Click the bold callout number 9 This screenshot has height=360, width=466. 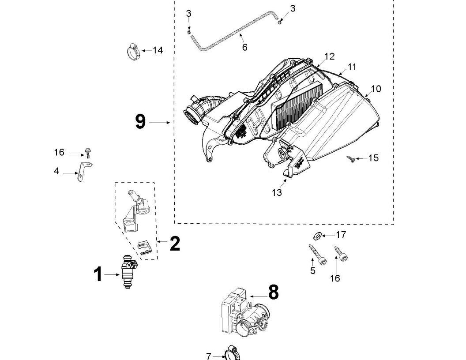pos(140,122)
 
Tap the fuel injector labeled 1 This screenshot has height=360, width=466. pos(128,271)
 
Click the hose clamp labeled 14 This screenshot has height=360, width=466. pos(133,52)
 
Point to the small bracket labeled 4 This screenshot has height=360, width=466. pos(84,172)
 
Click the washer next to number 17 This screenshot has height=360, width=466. pos(317,236)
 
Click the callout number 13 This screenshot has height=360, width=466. pos(277,192)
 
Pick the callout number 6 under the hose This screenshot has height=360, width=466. pos(244,47)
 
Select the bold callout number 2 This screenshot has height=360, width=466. pos(175,244)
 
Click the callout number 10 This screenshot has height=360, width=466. pos(376,89)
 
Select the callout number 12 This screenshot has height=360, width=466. pos(329,56)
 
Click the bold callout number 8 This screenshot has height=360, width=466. pos(273,292)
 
